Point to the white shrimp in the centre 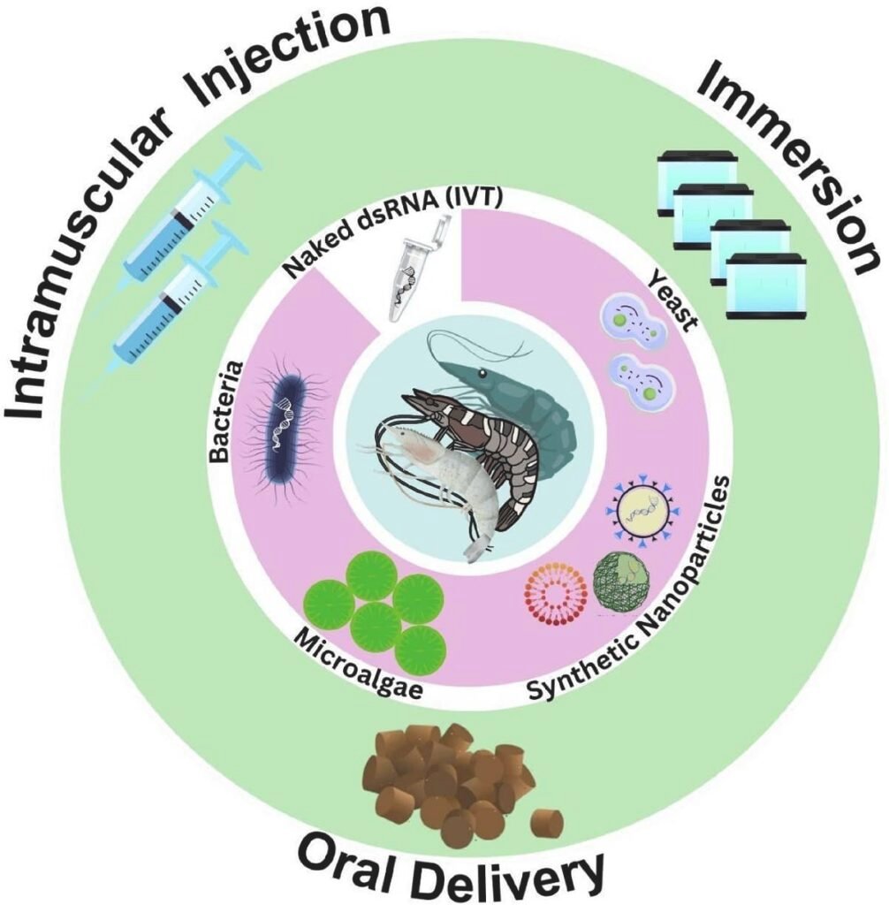pos(442,477)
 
